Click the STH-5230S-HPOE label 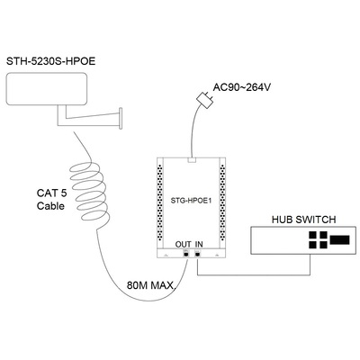[51, 61]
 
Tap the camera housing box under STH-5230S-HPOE [47, 89]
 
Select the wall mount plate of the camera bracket [121, 119]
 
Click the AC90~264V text [242, 87]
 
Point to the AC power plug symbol [205, 100]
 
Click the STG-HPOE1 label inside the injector [192, 201]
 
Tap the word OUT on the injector [183, 244]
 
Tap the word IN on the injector [199, 244]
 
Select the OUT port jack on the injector [186, 254]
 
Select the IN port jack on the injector [198, 254]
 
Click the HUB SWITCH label [303, 220]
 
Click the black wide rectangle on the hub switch [339, 239]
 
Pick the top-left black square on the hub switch [312, 235]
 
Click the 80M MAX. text [151, 285]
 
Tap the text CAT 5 [51, 193]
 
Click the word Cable [50, 206]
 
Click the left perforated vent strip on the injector [159, 201]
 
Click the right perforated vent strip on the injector [222, 201]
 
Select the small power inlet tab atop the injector [192, 160]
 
